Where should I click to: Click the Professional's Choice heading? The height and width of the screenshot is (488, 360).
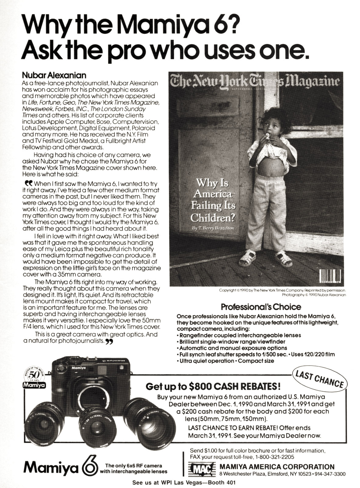click(261, 307)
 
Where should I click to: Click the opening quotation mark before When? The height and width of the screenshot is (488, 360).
click(28, 184)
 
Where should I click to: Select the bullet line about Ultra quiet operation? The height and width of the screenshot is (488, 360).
click(227, 361)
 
